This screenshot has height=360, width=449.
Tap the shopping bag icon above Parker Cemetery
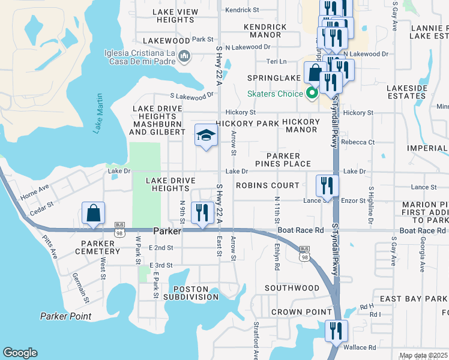93,213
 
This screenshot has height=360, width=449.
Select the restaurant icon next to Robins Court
327,185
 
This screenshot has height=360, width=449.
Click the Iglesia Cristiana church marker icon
184,56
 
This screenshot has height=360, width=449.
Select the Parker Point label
65,316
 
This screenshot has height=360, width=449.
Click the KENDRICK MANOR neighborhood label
265,31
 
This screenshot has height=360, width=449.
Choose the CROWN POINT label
301,312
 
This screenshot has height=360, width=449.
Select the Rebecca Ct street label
358,142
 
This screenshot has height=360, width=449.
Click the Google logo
20,353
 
